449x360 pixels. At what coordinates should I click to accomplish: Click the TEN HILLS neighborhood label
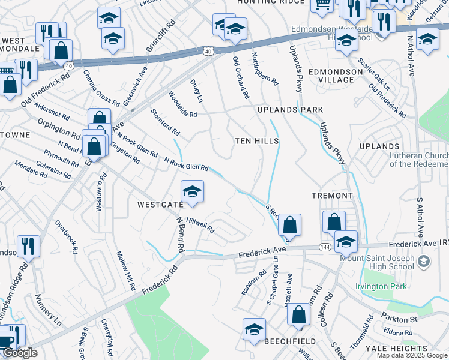(257, 141)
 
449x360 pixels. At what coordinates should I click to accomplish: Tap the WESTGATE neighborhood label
(160, 205)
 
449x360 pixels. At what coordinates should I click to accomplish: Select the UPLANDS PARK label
(290, 110)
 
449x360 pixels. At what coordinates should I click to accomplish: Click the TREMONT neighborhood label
(332, 196)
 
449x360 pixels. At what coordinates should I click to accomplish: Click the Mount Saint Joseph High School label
(378, 262)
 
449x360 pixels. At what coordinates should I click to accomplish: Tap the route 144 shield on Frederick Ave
(324, 247)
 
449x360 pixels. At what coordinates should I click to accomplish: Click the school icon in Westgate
(192, 192)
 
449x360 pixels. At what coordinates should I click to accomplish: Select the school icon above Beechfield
(254, 329)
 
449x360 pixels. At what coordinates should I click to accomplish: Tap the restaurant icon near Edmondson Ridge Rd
(28, 247)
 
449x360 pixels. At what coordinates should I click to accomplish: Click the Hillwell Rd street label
(200, 225)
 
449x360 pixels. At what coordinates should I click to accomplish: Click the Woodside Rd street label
(182, 105)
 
